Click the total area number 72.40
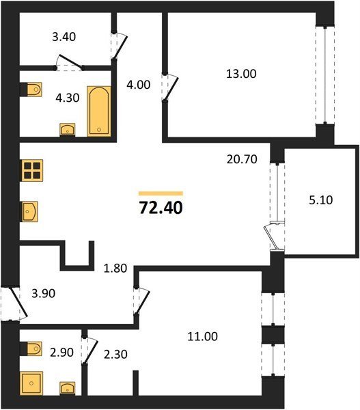(161, 208)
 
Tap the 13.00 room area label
(241, 74)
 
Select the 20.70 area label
(242, 159)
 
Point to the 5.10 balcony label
(321, 200)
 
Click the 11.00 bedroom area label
(202, 336)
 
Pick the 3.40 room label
(64, 37)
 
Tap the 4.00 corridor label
(138, 85)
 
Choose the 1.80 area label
(115, 269)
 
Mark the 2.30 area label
(115, 354)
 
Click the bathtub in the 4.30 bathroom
(99, 111)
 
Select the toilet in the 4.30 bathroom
(31, 90)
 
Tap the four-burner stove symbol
(32, 170)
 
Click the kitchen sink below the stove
(29, 212)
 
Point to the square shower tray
(31, 383)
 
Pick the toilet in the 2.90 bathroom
(31, 348)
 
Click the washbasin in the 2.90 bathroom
(68, 388)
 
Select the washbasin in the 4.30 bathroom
(68, 130)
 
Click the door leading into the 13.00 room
(170, 88)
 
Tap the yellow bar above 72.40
(161, 193)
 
